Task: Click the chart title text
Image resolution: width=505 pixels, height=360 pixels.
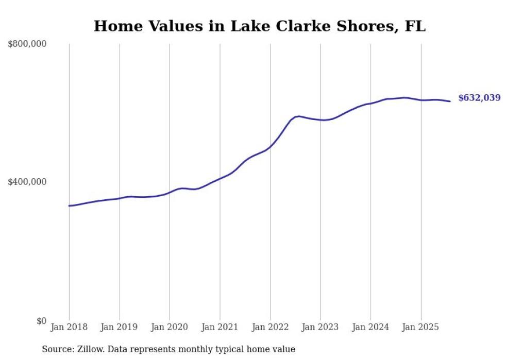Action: pyautogui.click(x=259, y=26)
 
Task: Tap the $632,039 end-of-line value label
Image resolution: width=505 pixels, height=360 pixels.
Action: pyautogui.click(x=479, y=98)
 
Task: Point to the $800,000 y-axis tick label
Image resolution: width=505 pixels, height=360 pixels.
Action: pyautogui.click(x=27, y=44)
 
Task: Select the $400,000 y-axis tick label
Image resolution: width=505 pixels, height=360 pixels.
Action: pyautogui.click(x=27, y=182)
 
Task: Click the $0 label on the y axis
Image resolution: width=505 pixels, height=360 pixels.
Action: pyautogui.click(x=41, y=321)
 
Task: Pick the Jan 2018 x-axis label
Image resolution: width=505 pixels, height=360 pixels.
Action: pyautogui.click(x=69, y=327)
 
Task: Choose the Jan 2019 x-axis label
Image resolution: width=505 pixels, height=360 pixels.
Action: pyautogui.click(x=120, y=327)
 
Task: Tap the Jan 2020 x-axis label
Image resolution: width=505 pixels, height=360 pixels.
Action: pyautogui.click(x=170, y=327)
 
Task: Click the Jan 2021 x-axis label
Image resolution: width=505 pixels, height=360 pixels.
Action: pyautogui.click(x=220, y=327)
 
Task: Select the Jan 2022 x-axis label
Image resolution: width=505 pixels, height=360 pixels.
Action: pyautogui.click(x=270, y=327)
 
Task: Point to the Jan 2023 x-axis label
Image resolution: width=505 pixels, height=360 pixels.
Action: pyautogui.click(x=320, y=327)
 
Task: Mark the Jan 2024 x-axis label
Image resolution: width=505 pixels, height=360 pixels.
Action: pyautogui.click(x=371, y=327)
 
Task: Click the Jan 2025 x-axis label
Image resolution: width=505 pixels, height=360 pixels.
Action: pyautogui.click(x=421, y=327)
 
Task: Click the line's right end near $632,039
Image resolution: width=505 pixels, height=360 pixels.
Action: pyautogui.click(x=450, y=101)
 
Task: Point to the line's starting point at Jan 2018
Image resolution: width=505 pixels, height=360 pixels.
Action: pyautogui.click(x=70, y=205)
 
